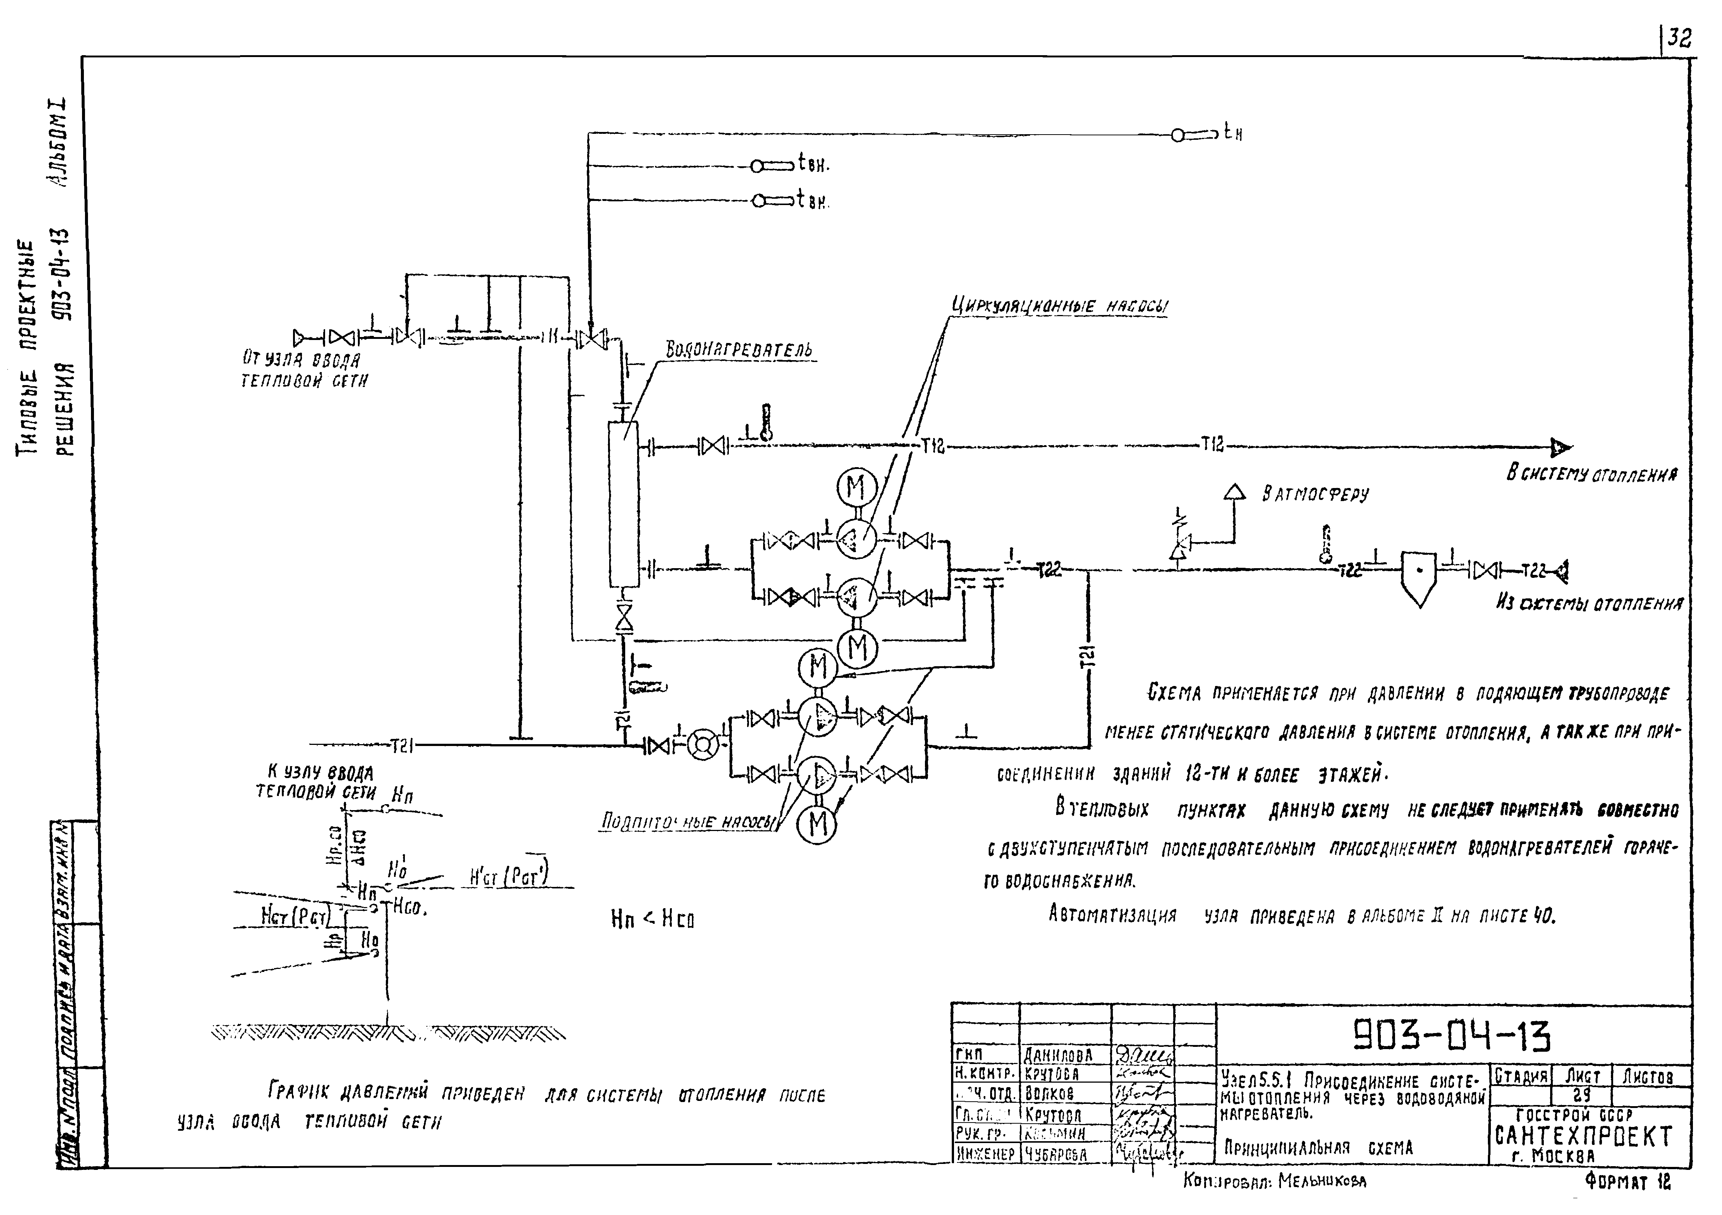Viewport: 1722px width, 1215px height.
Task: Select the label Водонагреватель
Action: tap(739, 349)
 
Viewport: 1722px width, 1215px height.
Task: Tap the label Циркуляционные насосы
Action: tap(1059, 306)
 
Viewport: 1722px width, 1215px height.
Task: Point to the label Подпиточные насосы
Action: tap(688, 822)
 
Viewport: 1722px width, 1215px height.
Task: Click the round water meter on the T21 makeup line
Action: tap(703, 745)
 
